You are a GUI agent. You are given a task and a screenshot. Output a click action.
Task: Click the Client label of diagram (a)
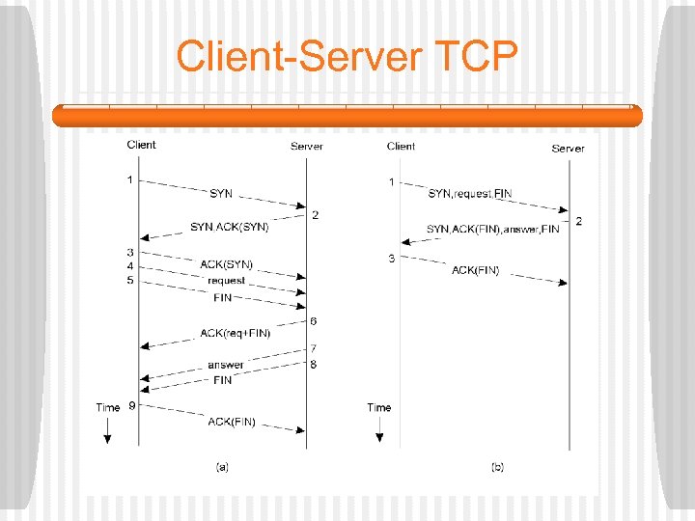point(141,146)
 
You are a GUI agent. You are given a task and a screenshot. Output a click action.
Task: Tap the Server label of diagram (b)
point(568,149)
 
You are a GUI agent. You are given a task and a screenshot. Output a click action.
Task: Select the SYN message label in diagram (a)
point(221,194)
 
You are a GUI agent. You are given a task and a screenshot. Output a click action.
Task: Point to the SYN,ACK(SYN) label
point(229,228)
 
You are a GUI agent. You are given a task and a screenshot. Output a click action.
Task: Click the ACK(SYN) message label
point(226,264)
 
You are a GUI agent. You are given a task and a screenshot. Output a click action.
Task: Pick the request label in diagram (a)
point(227,281)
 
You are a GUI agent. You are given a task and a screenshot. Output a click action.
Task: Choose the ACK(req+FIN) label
point(236,333)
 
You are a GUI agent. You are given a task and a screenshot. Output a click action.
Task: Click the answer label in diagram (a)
point(226,365)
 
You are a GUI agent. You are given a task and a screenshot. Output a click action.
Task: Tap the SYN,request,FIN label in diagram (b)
point(470,194)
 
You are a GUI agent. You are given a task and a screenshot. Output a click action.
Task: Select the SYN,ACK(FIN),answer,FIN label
point(492,229)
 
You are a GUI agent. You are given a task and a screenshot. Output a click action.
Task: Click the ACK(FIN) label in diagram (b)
point(476,271)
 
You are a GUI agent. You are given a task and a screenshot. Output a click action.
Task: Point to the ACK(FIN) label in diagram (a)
point(232,422)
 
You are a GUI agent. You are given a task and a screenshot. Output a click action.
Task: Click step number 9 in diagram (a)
point(131,406)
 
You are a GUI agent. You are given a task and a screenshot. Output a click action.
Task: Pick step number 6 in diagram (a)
point(314,320)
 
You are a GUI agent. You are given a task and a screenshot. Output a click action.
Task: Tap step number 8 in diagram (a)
point(313,364)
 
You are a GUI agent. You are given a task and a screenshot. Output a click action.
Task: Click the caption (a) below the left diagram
point(222,467)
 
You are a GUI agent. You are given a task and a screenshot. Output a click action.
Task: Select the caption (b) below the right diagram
point(497,467)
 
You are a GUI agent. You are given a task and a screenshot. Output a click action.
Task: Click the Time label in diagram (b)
point(379,407)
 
